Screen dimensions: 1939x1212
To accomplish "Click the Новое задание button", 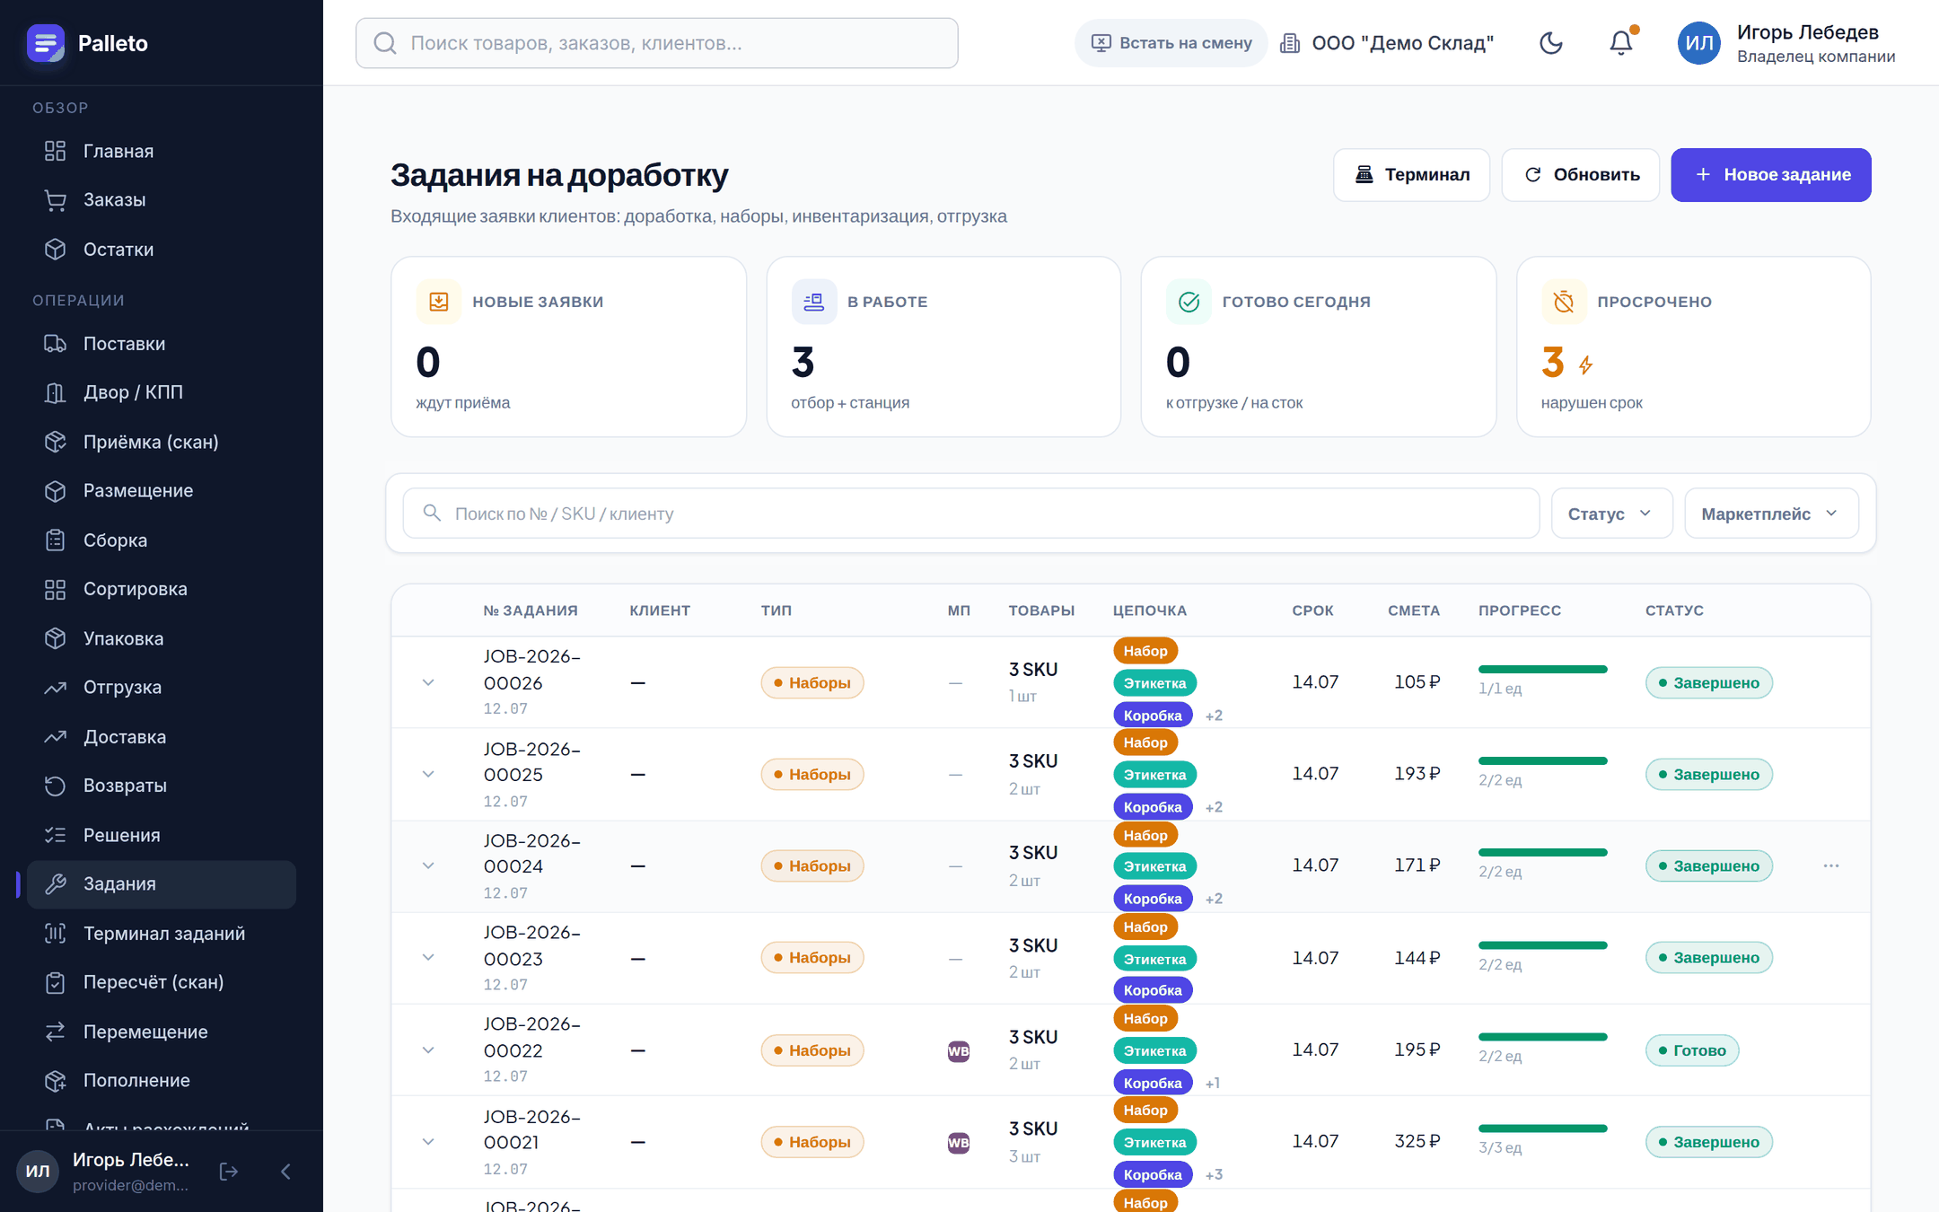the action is (1770, 175).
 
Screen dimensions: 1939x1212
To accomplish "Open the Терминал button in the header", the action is (1411, 175).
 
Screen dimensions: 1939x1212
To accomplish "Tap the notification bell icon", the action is (1621, 43).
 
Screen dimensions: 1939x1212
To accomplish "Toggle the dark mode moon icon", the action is (1551, 43).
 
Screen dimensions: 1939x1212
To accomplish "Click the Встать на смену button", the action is (1171, 43).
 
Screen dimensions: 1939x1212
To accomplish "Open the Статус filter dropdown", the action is (1611, 514).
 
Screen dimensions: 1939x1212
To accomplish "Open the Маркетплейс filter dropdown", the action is (1771, 514).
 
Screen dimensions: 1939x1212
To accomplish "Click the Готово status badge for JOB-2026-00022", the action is (1691, 1050).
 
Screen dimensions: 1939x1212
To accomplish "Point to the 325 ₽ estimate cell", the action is (1417, 1141).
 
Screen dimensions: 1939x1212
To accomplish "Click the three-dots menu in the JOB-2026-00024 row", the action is (1831, 865).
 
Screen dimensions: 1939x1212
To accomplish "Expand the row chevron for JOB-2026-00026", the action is (428, 682).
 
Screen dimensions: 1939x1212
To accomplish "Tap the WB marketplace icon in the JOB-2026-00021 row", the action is (959, 1143).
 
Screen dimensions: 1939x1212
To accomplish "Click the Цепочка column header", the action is (1150, 610).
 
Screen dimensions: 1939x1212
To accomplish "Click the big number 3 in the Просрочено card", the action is (1553, 363).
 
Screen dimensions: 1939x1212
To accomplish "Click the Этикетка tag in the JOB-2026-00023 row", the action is (1154, 959).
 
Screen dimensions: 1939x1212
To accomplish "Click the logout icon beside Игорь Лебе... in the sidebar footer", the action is (229, 1171).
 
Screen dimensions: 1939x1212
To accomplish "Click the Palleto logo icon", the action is (46, 43).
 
